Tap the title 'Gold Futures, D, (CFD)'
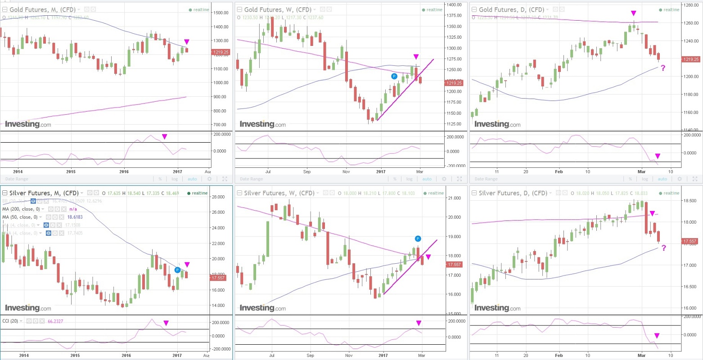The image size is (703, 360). click(511, 9)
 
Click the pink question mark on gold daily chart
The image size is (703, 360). click(663, 68)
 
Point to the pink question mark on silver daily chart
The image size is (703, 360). click(664, 248)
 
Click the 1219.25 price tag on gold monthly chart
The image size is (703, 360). click(221, 52)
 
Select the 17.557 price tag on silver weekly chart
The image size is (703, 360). click(454, 265)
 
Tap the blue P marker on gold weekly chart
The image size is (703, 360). click(394, 76)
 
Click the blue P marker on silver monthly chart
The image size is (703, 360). click(178, 270)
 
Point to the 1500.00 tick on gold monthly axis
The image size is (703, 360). click(221, 13)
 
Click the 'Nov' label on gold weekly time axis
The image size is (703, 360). click(346, 171)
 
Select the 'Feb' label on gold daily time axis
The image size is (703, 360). click(559, 171)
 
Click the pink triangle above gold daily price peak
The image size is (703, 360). click(634, 13)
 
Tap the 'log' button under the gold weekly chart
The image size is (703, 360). click(409, 179)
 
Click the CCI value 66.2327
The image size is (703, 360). click(57, 321)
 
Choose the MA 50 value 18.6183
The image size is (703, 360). click(75, 217)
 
